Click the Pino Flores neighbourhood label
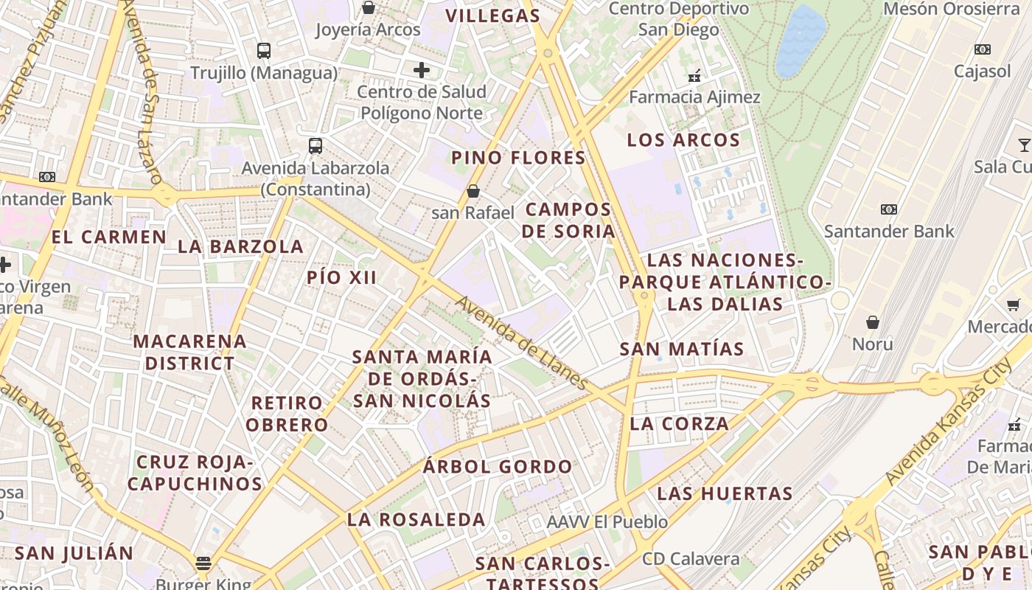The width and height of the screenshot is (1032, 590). click(518, 158)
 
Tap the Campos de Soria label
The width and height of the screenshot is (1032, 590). click(568, 220)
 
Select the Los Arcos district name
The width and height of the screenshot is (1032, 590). click(683, 140)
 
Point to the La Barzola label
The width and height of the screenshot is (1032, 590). click(240, 246)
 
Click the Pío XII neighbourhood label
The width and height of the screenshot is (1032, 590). click(342, 278)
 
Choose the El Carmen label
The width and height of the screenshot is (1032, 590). click(109, 237)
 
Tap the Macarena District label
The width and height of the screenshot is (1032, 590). click(189, 352)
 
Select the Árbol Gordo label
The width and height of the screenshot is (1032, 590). click(498, 467)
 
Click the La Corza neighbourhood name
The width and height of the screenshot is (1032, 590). click(680, 424)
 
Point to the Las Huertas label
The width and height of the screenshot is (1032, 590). click(725, 493)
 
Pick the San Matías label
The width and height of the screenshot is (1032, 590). click(682, 349)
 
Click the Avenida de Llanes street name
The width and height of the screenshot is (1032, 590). click(520, 343)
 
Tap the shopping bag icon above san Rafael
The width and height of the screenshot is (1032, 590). click(473, 192)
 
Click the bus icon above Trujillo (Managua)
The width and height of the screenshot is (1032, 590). click(264, 51)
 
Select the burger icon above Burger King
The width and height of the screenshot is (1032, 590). click(203, 563)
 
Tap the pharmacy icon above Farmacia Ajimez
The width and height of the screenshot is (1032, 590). click(694, 75)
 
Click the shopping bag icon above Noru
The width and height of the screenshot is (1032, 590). click(873, 322)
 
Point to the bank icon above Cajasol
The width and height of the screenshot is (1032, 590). click(982, 49)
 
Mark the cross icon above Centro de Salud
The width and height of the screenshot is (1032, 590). click(422, 70)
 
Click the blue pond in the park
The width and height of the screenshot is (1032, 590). click(801, 41)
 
